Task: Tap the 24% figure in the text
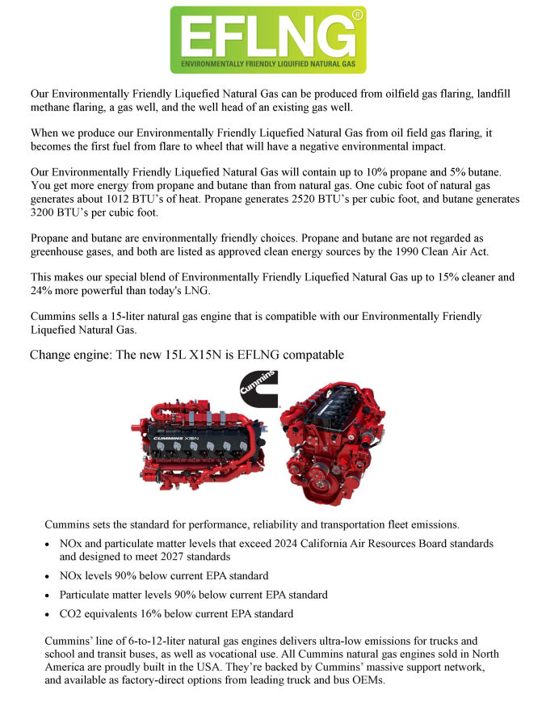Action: click(x=41, y=291)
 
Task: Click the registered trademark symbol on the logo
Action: click(x=358, y=14)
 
